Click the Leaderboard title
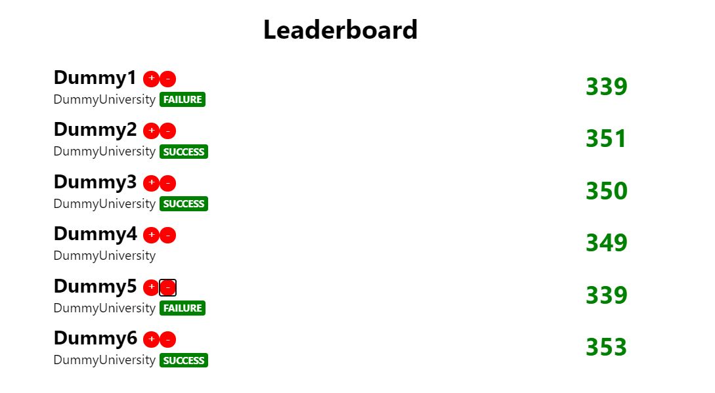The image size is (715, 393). tap(340, 30)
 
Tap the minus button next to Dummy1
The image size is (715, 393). tap(168, 79)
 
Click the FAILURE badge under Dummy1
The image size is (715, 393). tap(183, 100)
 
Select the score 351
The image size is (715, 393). tap(606, 138)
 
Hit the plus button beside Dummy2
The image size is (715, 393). tap(151, 131)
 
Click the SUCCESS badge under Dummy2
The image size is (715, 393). tap(184, 152)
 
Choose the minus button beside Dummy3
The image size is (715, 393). tap(168, 183)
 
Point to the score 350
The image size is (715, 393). tap(606, 191)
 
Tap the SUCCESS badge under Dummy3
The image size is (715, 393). tap(184, 204)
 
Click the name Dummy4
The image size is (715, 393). tap(95, 234)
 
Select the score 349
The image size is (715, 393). tap(606, 243)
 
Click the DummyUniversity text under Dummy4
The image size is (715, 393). tap(104, 256)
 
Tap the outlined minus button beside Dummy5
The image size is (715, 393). tap(168, 287)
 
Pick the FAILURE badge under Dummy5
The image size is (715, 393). tap(183, 308)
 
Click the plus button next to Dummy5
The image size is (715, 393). tap(151, 287)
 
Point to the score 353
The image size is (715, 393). tap(606, 347)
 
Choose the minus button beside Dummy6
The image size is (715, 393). tap(168, 339)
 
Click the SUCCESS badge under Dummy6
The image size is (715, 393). tap(184, 360)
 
